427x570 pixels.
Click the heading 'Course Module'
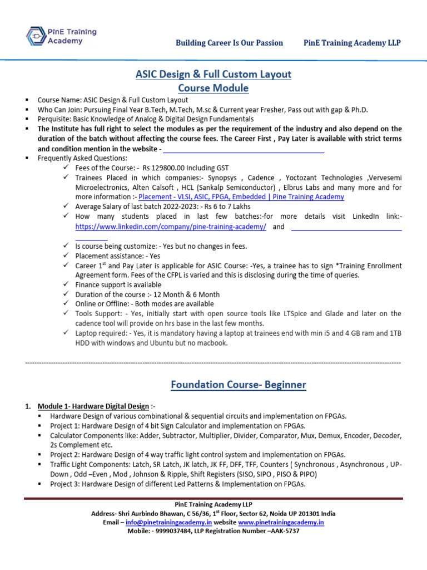tap(213, 89)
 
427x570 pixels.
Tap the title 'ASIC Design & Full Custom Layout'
tap(213, 74)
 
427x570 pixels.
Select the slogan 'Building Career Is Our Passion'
tap(229, 43)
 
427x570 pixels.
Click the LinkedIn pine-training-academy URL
tap(171, 227)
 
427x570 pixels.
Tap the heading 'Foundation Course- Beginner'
tap(238, 385)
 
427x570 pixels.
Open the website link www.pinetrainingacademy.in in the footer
tap(281, 523)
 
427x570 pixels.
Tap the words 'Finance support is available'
tap(118, 284)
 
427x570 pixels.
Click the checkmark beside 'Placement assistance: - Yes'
tap(66, 255)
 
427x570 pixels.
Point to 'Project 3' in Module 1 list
tap(64, 484)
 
